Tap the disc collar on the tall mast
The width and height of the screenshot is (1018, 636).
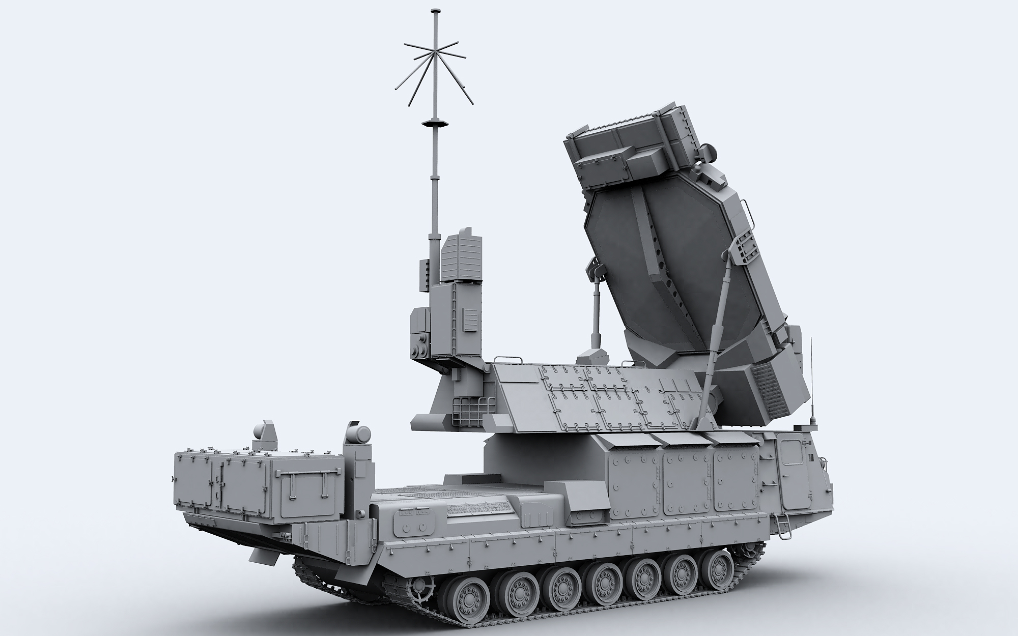(434, 124)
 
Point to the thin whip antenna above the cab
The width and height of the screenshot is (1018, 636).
(811, 377)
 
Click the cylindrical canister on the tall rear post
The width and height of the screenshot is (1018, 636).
(359, 434)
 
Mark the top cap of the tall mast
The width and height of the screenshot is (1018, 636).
(434, 11)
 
